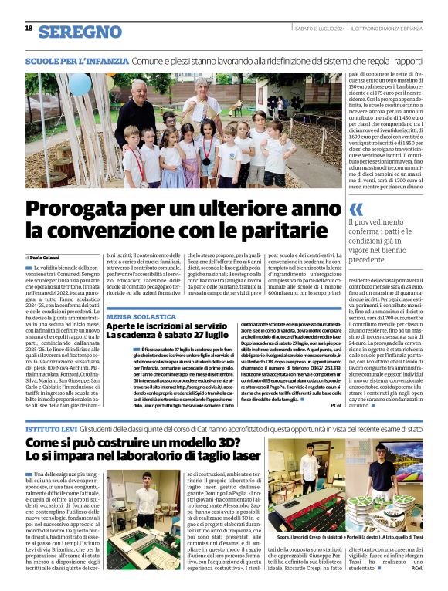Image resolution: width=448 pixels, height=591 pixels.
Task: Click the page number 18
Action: pos(29,28)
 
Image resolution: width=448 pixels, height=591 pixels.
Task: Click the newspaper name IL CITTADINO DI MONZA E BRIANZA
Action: pos(390,29)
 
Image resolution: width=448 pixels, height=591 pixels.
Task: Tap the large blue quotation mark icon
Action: pos(356,209)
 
